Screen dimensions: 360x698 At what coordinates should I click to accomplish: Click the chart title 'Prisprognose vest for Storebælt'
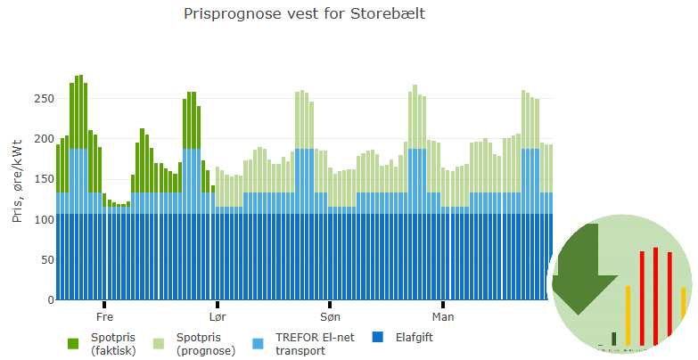[x=303, y=14]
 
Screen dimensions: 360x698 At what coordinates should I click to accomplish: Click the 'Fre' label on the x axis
[x=104, y=316]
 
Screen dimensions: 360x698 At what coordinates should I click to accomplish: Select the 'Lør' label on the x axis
[x=218, y=316]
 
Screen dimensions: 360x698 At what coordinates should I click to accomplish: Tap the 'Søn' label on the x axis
[x=330, y=316]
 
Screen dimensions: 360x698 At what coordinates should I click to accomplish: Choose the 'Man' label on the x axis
[x=443, y=316]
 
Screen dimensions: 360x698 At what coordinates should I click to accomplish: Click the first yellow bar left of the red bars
[x=628, y=315]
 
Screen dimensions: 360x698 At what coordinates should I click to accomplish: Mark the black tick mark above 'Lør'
[x=218, y=305]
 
